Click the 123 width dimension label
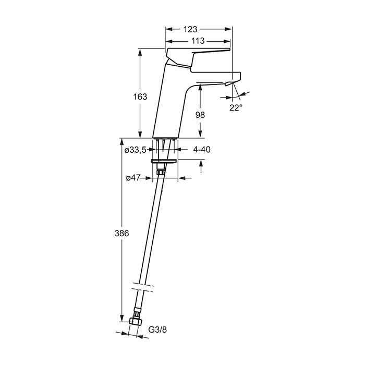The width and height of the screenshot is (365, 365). (x=190, y=29)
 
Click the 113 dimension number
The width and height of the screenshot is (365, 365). (x=198, y=41)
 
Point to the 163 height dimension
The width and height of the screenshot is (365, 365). (x=140, y=96)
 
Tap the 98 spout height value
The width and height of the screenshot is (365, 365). (x=200, y=115)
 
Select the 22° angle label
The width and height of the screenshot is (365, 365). (x=236, y=107)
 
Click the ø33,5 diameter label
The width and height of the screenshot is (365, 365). (x=135, y=150)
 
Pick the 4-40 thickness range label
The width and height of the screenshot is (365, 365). (x=202, y=150)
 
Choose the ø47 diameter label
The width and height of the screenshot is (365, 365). (x=133, y=178)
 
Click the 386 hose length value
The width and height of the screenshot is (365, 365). (x=121, y=233)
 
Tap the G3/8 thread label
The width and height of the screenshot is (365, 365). (x=157, y=330)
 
